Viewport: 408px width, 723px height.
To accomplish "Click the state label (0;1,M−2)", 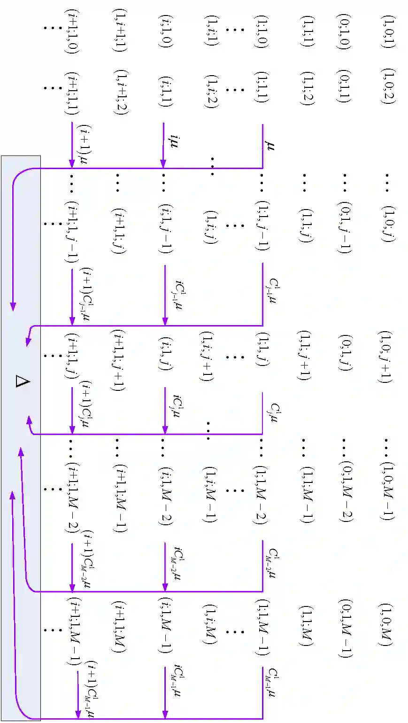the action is (x=345, y=491).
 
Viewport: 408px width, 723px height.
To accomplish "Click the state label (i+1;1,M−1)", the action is (x=73, y=632).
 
